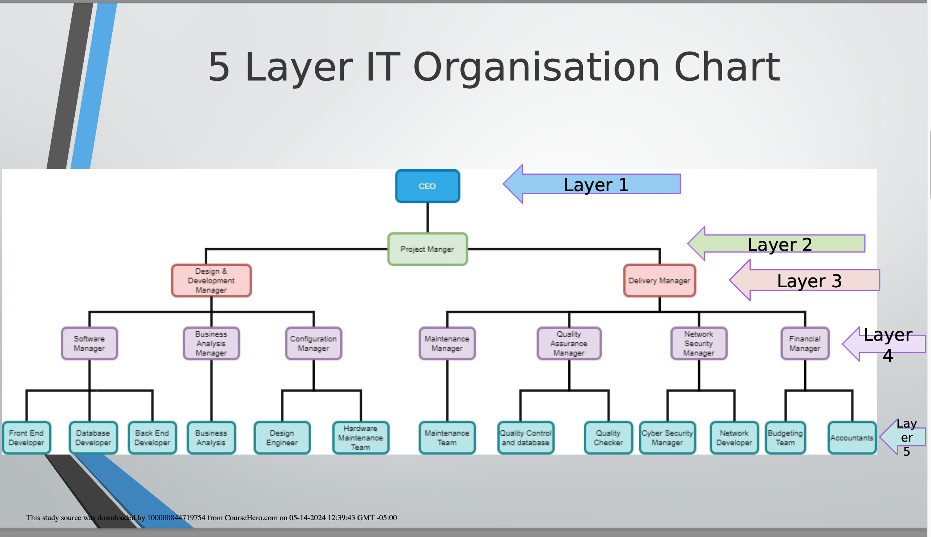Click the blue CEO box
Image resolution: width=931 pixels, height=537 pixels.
(428, 186)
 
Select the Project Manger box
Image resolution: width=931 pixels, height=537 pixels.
(428, 249)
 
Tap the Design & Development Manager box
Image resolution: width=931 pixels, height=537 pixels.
(211, 281)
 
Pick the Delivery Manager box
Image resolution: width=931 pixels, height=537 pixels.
(660, 281)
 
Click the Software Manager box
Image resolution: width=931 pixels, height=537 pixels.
(89, 344)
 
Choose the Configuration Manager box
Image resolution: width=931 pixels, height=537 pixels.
(313, 344)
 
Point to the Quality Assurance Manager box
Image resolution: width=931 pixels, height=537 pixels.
(569, 344)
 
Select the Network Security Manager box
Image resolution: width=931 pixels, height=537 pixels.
(699, 344)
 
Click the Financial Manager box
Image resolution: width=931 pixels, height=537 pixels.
(805, 344)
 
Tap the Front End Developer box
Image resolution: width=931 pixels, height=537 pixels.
(26, 438)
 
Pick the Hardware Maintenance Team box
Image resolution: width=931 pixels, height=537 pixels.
(361, 438)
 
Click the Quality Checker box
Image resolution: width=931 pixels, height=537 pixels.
(608, 438)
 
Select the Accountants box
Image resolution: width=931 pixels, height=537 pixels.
(852, 438)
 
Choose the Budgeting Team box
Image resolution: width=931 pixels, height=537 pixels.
(785, 438)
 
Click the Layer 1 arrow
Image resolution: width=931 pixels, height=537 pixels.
(591, 184)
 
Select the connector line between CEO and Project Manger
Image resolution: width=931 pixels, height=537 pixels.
(428, 218)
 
